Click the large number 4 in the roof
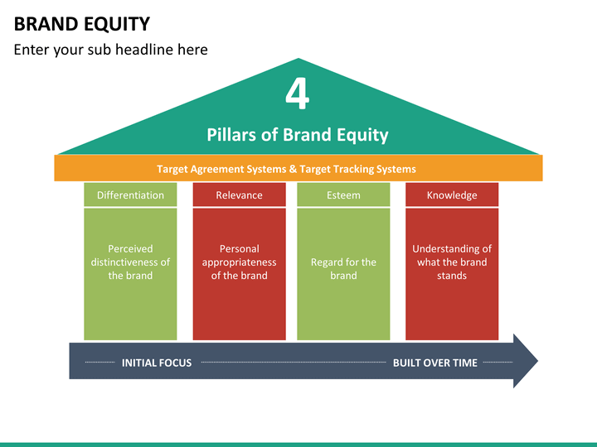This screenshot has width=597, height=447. click(x=297, y=94)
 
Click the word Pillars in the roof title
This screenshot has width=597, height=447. click(x=231, y=135)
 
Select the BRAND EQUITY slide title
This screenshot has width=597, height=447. click(x=82, y=24)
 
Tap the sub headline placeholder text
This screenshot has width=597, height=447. click(x=111, y=50)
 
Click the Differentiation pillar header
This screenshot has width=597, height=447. click(x=130, y=195)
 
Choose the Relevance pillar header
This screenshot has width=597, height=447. click(x=239, y=195)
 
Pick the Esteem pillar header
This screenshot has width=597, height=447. click(x=343, y=195)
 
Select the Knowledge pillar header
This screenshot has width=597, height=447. click(x=452, y=195)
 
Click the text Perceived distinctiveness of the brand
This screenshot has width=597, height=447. click(x=130, y=262)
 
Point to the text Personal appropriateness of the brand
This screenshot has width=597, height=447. click(x=239, y=262)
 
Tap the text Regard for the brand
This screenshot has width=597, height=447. click(x=343, y=269)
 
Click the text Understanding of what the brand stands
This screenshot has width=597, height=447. click(x=452, y=262)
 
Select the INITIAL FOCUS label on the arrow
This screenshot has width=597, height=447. click(x=157, y=363)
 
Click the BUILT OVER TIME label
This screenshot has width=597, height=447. click(x=435, y=363)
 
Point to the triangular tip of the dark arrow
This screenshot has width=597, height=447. click(x=537, y=361)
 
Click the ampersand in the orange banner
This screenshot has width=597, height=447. click(x=293, y=169)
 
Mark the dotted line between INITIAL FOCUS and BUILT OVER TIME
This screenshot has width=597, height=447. click(x=294, y=363)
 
